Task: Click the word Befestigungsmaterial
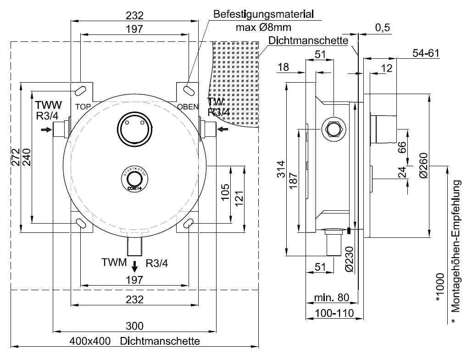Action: click(x=262, y=14)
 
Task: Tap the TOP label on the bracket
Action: click(x=83, y=107)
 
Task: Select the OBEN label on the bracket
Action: click(x=189, y=107)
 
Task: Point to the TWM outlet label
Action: click(x=114, y=263)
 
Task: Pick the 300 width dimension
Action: click(x=134, y=326)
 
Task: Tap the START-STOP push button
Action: click(x=134, y=180)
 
